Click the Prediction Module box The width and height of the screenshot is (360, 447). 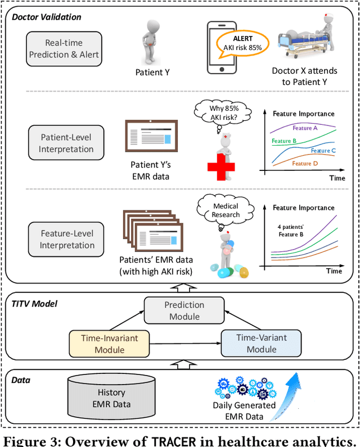[184, 311]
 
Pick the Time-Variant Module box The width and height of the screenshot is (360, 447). [262, 342]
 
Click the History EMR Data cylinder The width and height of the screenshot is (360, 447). [111, 398]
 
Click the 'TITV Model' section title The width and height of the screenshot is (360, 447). [33, 304]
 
